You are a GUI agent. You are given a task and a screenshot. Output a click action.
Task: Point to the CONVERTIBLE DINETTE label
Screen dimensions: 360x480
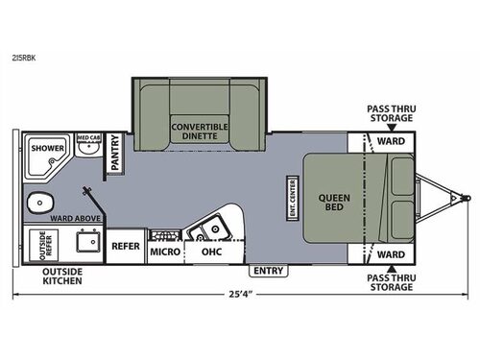tap(202, 132)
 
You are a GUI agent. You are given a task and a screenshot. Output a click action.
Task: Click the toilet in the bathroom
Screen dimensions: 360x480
tap(40, 202)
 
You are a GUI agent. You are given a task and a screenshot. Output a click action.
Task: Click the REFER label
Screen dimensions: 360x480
tap(126, 246)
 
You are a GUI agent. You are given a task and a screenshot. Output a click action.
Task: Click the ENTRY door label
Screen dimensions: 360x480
tap(269, 272)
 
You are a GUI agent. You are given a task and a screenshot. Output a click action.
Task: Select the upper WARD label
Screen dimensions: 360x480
tap(389, 141)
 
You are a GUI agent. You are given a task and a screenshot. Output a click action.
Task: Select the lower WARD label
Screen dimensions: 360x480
tap(389, 254)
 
